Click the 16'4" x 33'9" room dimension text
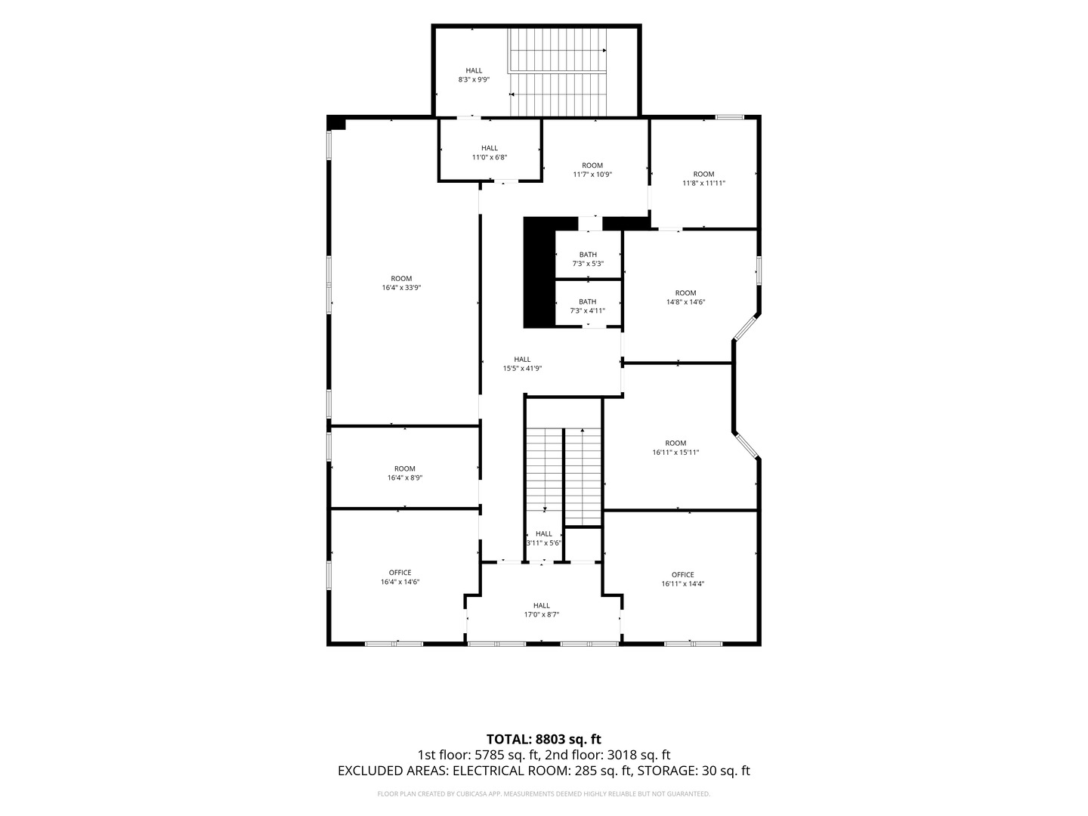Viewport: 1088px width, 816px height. (x=401, y=287)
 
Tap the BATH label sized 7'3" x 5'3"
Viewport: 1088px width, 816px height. (x=588, y=259)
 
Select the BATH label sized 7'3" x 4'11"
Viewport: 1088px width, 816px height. (x=587, y=306)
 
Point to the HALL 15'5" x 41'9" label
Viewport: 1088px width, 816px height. (x=522, y=363)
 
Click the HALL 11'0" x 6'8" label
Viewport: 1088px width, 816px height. (x=490, y=153)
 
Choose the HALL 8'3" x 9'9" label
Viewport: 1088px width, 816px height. (x=474, y=75)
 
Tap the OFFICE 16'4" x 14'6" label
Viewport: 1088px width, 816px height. (x=400, y=577)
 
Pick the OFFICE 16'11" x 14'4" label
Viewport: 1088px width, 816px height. (x=682, y=580)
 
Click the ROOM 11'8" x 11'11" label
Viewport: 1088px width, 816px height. (x=703, y=178)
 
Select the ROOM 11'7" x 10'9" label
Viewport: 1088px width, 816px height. (x=592, y=170)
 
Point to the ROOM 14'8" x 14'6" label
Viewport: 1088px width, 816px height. (x=685, y=297)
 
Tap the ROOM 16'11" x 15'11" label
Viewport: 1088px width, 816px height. (x=675, y=447)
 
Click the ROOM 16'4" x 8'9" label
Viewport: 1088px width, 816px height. (x=404, y=473)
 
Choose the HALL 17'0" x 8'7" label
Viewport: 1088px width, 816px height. (x=541, y=610)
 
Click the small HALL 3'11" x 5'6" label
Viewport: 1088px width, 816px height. (x=544, y=538)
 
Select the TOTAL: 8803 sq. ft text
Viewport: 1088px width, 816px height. (x=544, y=739)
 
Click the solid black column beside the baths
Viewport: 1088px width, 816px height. (x=539, y=273)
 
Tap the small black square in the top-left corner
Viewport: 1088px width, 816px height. (x=336, y=123)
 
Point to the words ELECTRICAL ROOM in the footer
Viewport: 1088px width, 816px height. (x=512, y=771)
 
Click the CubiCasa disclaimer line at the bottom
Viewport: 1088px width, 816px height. (x=544, y=793)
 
